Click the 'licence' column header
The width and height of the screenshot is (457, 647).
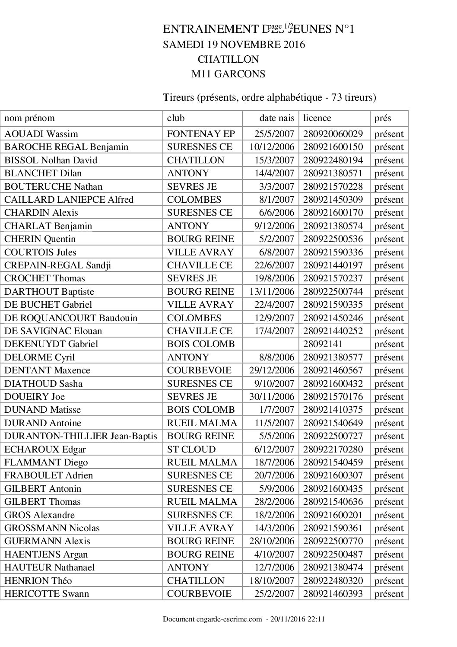(x=317, y=118)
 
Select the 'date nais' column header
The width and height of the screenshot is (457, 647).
(x=276, y=118)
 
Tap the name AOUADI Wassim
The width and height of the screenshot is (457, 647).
(x=41, y=134)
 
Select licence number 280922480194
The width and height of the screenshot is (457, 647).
(x=333, y=160)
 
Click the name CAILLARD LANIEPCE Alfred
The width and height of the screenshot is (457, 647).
(x=69, y=199)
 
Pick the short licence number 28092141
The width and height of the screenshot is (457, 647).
(x=323, y=344)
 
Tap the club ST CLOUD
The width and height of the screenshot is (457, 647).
(x=191, y=449)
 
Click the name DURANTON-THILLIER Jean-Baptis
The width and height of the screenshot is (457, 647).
(x=80, y=436)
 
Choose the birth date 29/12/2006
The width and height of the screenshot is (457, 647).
(x=272, y=370)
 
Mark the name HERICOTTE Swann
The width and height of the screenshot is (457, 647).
(x=47, y=593)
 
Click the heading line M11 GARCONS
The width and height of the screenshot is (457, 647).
(x=228, y=74)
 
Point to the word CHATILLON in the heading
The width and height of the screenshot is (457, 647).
(x=228, y=59)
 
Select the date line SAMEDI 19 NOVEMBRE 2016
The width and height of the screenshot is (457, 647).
(x=234, y=45)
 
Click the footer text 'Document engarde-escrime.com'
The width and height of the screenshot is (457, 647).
(x=213, y=619)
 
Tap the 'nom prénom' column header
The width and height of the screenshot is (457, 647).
(x=29, y=118)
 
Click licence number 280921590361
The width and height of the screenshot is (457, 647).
(x=333, y=528)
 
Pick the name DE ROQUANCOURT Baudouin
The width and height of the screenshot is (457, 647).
(x=71, y=318)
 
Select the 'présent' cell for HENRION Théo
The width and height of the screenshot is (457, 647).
(x=389, y=580)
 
